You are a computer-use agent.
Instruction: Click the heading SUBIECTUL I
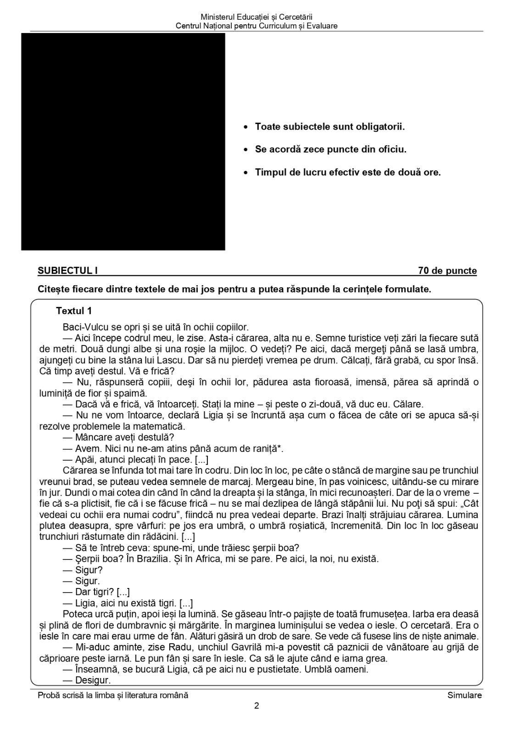pyautogui.click(x=67, y=271)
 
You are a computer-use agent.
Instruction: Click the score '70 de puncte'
pyautogui.click(x=447, y=271)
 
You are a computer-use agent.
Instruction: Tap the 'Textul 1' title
pyautogui.click(x=74, y=311)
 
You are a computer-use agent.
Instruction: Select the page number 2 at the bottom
pyautogui.click(x=257, y=706)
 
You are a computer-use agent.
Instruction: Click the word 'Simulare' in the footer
pyautogui.click(x=464, y=695)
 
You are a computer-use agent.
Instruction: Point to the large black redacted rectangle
pyautogui.click(x=123, y=141)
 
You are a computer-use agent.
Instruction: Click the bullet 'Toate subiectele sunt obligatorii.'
pyautogui.click(x=329, y=126)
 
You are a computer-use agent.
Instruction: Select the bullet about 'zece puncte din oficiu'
pyautogui.click(x=330, y=149)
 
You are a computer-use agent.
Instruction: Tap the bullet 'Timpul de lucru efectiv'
pyautogui.click(x=347, y=172)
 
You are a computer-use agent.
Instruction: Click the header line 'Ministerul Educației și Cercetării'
pyautogui.click(x=257, y=17)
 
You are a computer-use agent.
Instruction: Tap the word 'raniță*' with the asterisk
pyautogui.click(x=267, y=449)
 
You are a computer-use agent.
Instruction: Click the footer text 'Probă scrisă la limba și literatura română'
pyautogui.click(x=113, y=695)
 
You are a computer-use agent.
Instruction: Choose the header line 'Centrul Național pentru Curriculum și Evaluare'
pyautogui.click(x=257, y=26)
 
